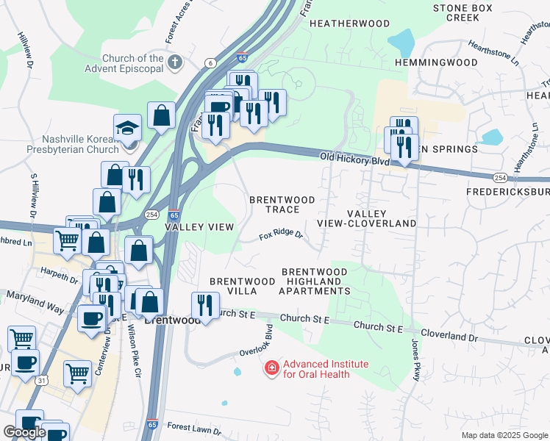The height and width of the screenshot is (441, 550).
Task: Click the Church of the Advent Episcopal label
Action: [132, 64]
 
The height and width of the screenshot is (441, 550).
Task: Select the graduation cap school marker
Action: [127, 128]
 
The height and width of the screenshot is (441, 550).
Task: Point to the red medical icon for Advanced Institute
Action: [272, 366]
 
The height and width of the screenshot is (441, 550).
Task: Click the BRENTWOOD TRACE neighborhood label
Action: [282, 205]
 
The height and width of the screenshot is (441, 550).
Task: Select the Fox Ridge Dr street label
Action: [281, 236]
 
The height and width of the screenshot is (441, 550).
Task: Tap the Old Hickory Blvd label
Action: [354, 158]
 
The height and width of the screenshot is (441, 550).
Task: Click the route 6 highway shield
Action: [211, 64]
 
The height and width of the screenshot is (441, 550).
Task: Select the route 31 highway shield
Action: [42, 380]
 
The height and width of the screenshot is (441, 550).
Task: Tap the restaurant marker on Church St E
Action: [205, 304]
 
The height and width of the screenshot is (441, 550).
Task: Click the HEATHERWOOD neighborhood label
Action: [349, 24]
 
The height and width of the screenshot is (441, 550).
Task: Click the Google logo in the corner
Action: [24, 433]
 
